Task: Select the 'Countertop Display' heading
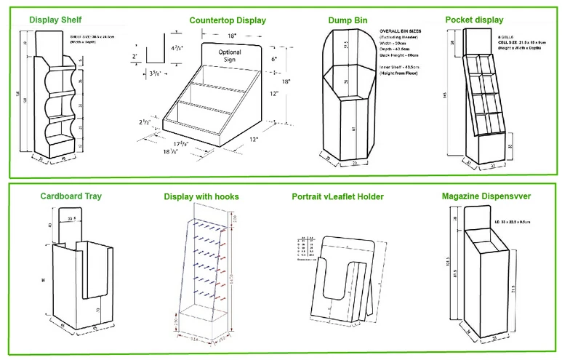coord(228,20)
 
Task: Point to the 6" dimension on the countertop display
coord(273,59)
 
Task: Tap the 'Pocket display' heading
coord(474,20)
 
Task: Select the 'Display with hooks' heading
coord(201,196)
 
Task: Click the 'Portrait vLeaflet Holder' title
coord(337,196)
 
